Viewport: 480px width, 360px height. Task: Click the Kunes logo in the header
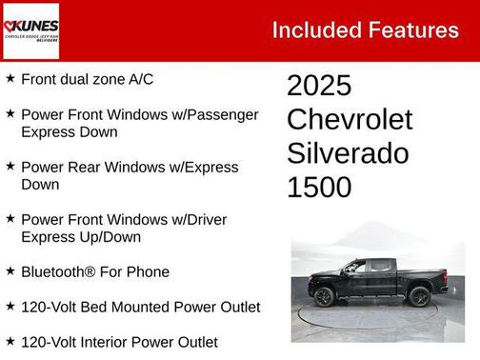[31, 30]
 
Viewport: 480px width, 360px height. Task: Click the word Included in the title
[316, 30]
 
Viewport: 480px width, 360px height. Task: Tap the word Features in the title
[412, 30]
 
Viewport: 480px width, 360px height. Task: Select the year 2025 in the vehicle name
[319, 86]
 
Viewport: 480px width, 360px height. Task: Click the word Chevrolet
[350, 120]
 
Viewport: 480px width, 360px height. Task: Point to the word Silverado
[348, 153]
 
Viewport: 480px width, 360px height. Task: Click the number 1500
[319, 187]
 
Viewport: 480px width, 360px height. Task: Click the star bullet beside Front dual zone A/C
[10, 78]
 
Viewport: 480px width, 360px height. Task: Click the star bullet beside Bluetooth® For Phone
[10, 270]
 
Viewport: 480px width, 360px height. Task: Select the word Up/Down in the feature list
[109, 237]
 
